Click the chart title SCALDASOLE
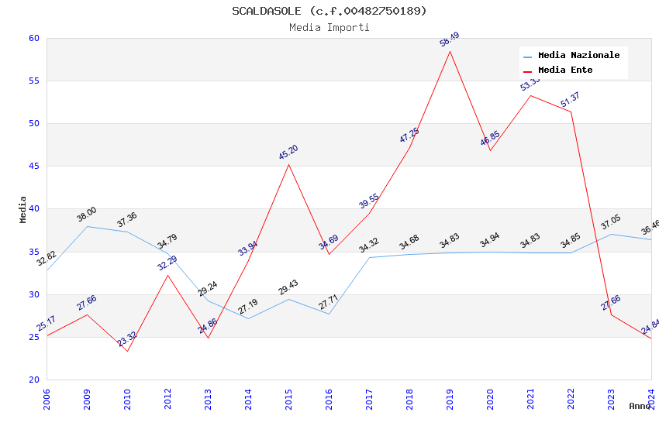(x=329, y=11)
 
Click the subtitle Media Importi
(x=329, y=27)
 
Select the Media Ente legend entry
(x=565, y=70)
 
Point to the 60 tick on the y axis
(x=33, y=38)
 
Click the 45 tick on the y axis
(x=33, y=166)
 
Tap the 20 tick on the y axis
(x=33, y=380)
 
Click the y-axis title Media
(x=23, y=209)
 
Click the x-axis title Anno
(x=640, y=406)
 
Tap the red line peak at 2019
(x=450, y=51)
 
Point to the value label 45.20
(x=288, y=153)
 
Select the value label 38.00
(x=87, y=215)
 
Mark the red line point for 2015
(x=288, y=164)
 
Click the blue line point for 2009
(x=87, y=226)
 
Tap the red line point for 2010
(x=127, y=351)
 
